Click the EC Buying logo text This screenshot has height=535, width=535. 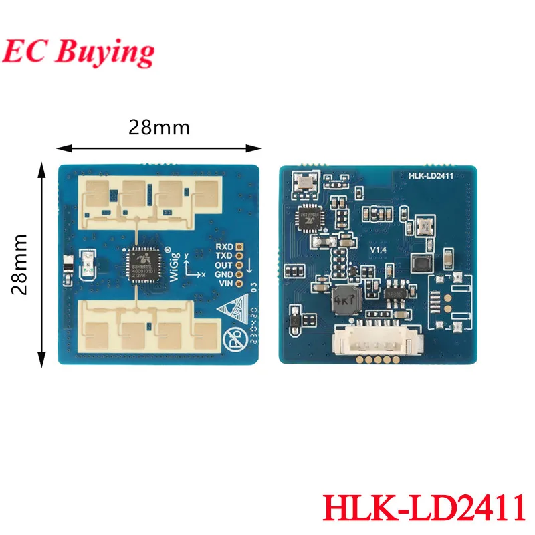point(80,51)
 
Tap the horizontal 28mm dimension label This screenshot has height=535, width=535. point(160,127)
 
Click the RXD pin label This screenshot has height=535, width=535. point(224,247)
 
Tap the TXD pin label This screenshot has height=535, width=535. point(224,256)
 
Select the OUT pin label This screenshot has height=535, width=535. point(224,265)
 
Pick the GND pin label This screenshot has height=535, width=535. point(224,274)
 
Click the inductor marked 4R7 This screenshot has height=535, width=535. point(344,298)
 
